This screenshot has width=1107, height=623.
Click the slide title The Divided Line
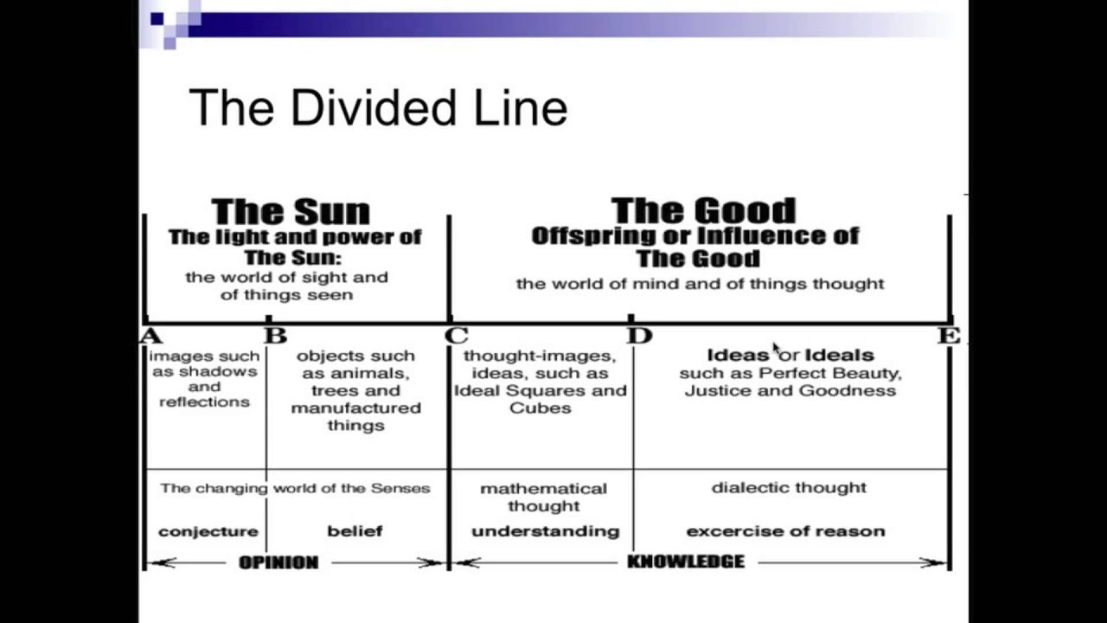(378, 109)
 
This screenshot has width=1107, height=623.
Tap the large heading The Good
(702, 210)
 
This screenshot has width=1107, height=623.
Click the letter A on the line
(151, 336)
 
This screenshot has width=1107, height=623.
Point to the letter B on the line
(276, 336)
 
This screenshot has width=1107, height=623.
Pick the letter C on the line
(457, 336)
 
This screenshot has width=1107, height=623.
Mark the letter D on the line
(640, 336)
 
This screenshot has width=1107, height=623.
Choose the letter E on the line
(949, 336)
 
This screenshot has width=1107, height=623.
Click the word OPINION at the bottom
(278, 562)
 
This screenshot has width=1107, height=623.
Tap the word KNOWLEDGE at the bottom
(685, 562)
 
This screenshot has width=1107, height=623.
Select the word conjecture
(208, 531)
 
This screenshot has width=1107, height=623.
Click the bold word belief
(355, 531)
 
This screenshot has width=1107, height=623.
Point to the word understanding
(545, 531)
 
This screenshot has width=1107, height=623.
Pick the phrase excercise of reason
(785, 531)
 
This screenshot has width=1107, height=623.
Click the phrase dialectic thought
(789, 488)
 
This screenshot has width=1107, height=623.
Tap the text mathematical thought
(543, 497)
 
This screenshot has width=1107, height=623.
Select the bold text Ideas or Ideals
(790, 355)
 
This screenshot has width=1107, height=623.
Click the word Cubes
(541, 408)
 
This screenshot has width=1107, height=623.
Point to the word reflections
(204, 402)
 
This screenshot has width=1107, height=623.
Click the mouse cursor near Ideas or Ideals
(777, 348)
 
